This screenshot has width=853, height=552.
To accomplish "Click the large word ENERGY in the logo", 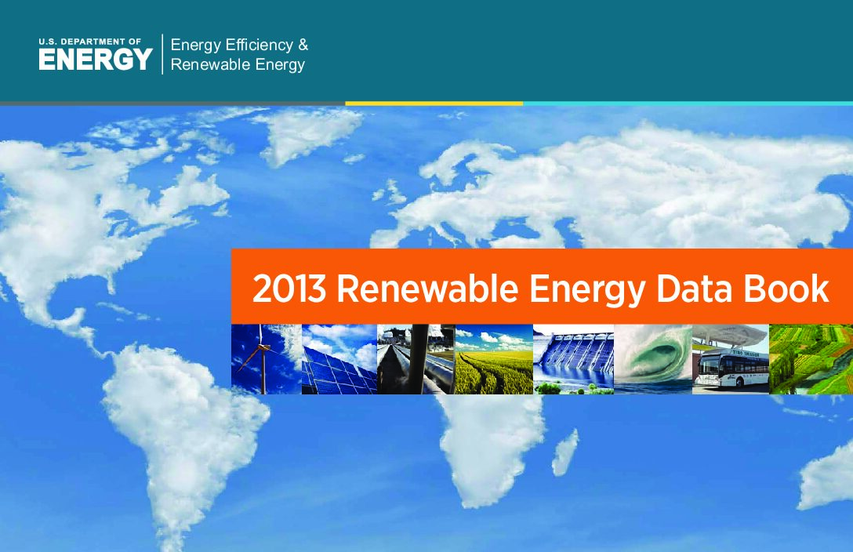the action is coord(95,59).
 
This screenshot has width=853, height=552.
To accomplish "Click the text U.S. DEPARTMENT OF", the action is coord(89,42).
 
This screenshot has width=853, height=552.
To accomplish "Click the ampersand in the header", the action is coord(303,45).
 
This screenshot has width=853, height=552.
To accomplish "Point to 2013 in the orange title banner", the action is coord(289,289).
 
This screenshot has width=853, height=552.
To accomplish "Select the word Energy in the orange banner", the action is coord(587,290).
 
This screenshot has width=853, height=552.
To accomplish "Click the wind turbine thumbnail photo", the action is coord(267,359).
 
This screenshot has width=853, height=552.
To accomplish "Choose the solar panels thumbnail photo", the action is coord(339,359).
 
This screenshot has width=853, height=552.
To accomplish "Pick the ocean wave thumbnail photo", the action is coord(653,359).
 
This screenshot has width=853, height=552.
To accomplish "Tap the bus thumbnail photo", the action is coord(731,359).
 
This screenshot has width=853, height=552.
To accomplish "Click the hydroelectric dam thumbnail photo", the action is coord(573,359).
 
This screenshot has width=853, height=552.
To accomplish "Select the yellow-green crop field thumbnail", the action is coord(494,359).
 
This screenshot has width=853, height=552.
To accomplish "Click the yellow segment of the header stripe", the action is coord(434,103).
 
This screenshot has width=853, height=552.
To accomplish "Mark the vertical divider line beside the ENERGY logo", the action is coord(162,54).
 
